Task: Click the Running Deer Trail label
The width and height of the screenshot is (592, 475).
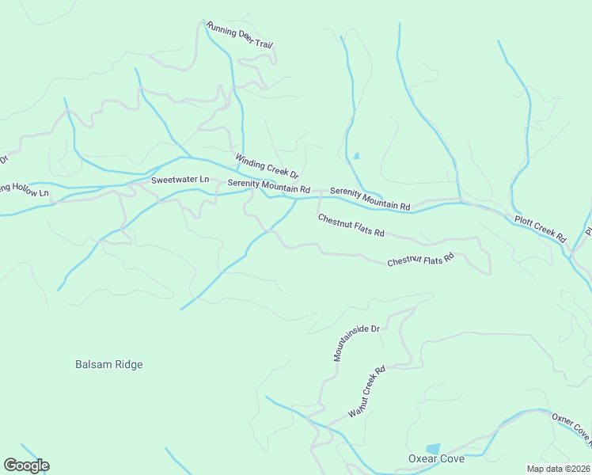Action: coord(239,36)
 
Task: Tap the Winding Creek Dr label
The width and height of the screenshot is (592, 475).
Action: coord(266,165)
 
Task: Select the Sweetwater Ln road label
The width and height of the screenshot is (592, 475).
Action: coord(180,180)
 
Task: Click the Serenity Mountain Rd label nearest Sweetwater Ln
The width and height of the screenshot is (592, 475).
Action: coord(268,187)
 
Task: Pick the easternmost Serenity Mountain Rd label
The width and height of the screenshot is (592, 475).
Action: coord(370,198)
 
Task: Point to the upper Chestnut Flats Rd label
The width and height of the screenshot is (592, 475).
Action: coord(351,226)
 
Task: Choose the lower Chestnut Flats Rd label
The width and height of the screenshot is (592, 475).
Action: coord(420,259)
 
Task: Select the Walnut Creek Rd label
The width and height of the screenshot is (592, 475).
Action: coord(366,391)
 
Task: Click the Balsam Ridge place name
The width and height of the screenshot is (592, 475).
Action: coord(108,364)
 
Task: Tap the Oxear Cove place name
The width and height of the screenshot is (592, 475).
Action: coord(436,459)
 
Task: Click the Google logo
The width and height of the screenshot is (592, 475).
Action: coord(26,465)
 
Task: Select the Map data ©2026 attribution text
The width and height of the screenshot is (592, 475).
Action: coord(559,469)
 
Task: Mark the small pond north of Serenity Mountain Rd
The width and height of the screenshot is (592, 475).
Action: coord(356,156)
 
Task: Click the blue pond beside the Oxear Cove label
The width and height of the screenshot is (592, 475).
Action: coord(433,448)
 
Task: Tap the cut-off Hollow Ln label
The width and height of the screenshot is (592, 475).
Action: coord(24,191)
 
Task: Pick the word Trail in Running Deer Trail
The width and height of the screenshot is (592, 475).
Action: coord(262,43)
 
